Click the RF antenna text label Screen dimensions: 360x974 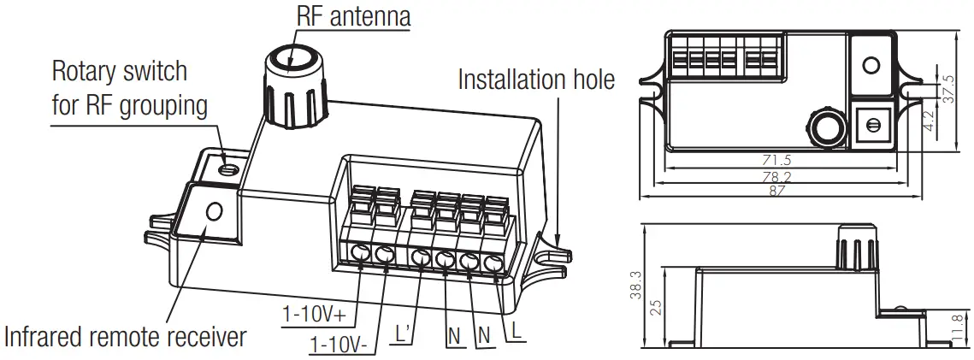pos(353,15)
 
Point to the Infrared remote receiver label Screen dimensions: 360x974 pos(125,337)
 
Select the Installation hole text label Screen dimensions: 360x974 pos(536,80)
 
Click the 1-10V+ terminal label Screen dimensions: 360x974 pos(314,314)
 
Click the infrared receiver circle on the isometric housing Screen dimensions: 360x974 pos(213,210)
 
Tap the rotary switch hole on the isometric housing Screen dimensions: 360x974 pos(227,167)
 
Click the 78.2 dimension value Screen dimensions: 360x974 pos(777,177)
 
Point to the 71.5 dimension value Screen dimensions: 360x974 pos(777,160)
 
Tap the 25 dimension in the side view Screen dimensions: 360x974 pos(656,307)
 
